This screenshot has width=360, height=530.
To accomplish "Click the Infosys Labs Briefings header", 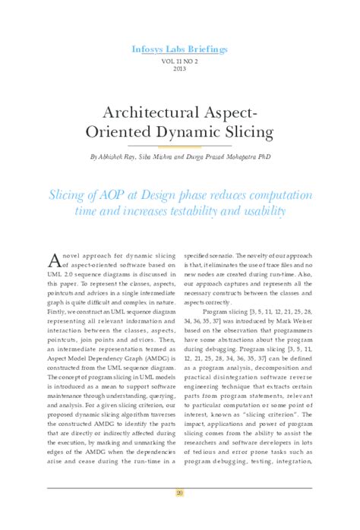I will click(x=179, y=49).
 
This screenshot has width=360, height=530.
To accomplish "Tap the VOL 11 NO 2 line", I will click(x=179, y=60).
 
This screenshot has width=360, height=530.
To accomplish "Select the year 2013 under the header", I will click(x=179, y=68).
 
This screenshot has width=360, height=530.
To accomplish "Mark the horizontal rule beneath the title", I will click(x=180, y=144).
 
